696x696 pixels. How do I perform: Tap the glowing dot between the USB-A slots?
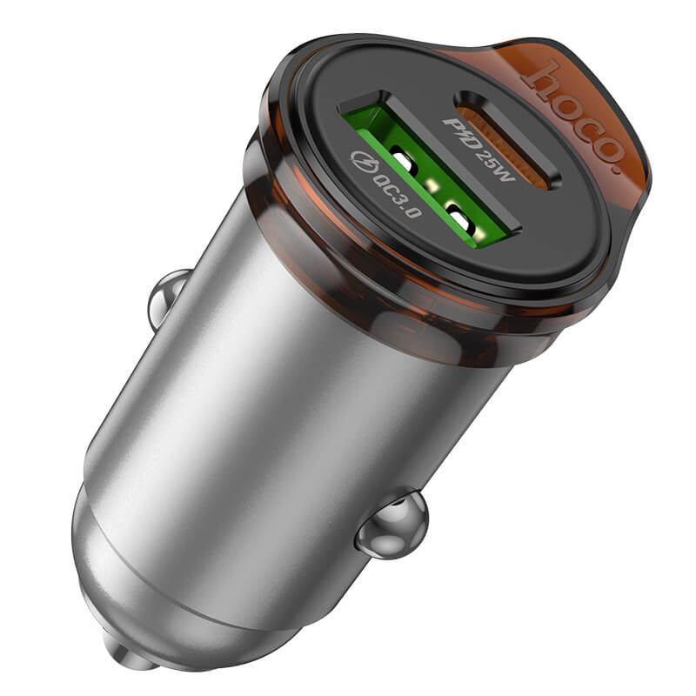click(x=431, y=184)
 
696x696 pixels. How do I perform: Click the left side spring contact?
click(x=164, y=298)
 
